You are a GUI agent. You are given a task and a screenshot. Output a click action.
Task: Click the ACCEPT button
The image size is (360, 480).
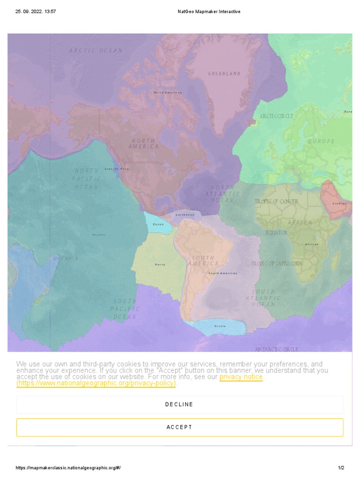point(180,427)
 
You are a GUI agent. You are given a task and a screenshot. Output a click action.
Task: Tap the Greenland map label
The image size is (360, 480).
point(224,74)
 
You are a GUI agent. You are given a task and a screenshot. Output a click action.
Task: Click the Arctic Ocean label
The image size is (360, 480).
point(96,51)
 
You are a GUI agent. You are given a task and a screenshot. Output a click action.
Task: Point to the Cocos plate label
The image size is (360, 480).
point(158,225)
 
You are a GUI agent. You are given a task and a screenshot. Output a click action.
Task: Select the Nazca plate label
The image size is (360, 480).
point(160,264)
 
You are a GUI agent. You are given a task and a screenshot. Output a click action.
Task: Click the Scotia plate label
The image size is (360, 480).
point(220,326)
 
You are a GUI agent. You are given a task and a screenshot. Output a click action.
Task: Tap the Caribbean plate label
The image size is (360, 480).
point(185,215)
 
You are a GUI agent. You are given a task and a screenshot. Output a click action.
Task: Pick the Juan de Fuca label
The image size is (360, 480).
point(116,169)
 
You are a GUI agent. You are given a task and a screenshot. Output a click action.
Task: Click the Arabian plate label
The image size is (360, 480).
point(339,203)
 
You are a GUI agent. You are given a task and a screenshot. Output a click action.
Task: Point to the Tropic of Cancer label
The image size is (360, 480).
point(277,202)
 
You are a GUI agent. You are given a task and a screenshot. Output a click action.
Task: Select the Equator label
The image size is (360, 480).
point(277,232)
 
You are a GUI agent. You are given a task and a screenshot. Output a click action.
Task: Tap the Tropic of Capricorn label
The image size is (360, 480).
point(277,264)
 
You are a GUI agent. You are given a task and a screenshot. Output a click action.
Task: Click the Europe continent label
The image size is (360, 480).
point(321,141)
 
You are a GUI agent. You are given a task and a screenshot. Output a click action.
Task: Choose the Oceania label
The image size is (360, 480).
point(66,258)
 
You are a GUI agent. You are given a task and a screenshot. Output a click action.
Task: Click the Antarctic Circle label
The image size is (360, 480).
point(277,349)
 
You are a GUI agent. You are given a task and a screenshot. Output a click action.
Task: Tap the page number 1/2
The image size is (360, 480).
point(341,468)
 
